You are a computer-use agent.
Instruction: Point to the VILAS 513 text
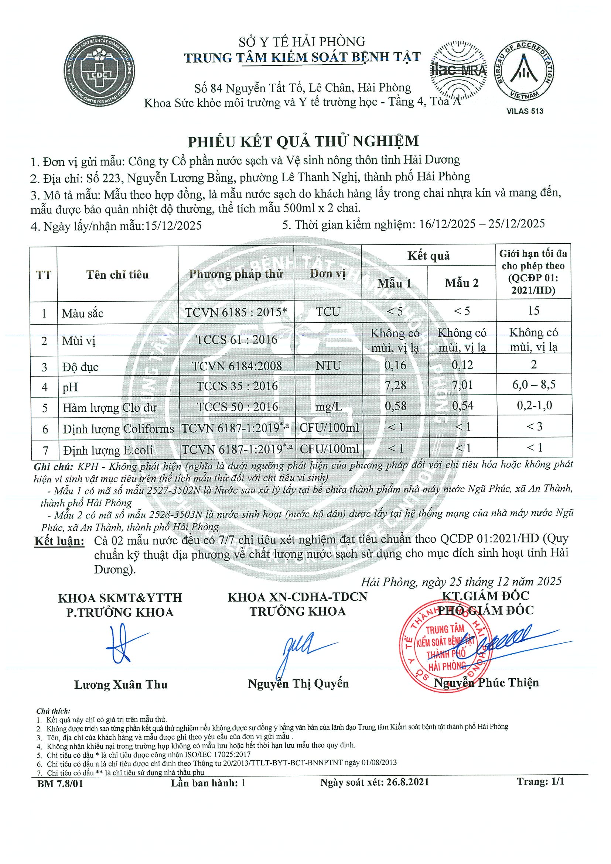[525, 111]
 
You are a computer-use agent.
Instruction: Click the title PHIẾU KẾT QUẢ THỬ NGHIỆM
[303, 141]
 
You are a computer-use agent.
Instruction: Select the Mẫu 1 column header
[394, 283]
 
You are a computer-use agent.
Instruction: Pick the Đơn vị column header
[328, 274]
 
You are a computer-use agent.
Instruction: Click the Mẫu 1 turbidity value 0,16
[395, 365]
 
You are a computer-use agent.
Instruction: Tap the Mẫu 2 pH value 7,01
[462, 385]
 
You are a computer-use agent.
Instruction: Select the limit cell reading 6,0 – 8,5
[534, 385]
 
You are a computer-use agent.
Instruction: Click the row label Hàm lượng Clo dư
[110, 408]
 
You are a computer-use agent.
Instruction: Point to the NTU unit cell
[328, 366]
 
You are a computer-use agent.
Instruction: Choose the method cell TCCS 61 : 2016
[237, 340]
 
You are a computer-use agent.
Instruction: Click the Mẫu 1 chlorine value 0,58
[395, 406]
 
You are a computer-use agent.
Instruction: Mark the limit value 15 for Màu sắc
[534, 311]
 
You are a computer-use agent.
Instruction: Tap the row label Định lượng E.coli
[109, 450]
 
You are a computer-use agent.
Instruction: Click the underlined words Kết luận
[59, 541]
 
